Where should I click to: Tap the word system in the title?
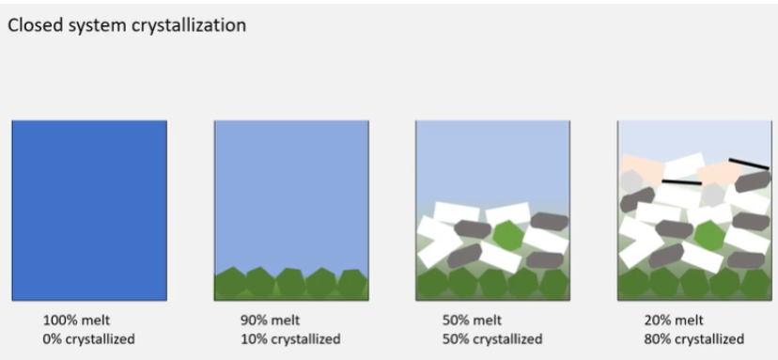[x=92, y=25]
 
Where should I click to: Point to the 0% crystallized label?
[x=88, y=338]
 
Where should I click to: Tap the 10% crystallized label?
[x=290, y=338]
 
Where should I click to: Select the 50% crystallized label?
[x=491, y=338]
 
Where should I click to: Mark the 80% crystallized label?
[x=694, y=338]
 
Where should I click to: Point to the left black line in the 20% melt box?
[x=681, y=181]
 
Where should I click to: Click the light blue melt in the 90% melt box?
[x=291, y=188]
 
